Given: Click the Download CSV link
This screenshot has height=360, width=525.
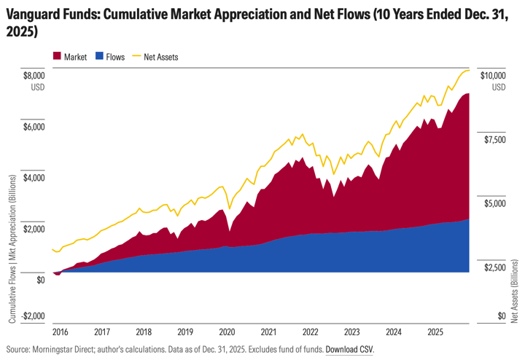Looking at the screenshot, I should tap(349, 349).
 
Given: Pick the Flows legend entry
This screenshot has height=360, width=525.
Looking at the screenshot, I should tap(117, 56).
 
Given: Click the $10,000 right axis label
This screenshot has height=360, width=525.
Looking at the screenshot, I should tap(492, 75).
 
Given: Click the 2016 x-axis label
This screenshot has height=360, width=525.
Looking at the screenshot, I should tap(61, 330).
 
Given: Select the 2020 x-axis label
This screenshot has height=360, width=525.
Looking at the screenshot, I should tap(227, 330).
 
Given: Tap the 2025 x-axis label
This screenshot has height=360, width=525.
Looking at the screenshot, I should tap(436, 330).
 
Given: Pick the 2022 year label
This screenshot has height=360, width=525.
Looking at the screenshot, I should tap(311, 330).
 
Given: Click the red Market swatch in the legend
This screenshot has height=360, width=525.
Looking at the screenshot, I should tap(58, 56).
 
